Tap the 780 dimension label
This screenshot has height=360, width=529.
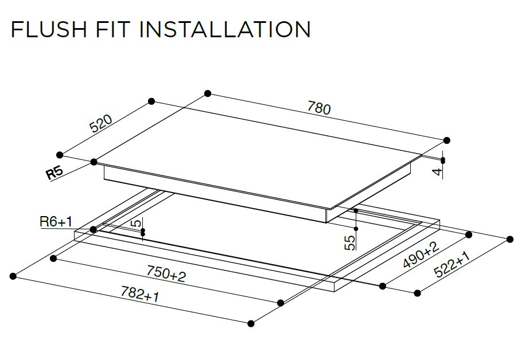pyautogui.click(x=319, y=108)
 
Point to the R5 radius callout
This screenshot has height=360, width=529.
pyautogui.click(x=55, y=174)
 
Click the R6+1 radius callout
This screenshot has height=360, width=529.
pyautogui.click(x=56, y=222)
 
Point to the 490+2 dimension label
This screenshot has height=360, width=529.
pyautogui.click(x=421, y=255)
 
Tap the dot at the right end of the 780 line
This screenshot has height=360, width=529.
pyautogui.click(x=447, y=140)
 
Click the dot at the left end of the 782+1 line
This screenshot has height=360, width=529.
pyautogui.click(x=13, y=277)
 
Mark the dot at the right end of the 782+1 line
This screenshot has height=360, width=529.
pyautogui.click(x=251, y=324)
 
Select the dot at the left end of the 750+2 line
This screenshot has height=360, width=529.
pyautogui.click(x=54, y=259)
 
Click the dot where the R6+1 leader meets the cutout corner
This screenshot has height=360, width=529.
pyautogui.click(x=93, y=229)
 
